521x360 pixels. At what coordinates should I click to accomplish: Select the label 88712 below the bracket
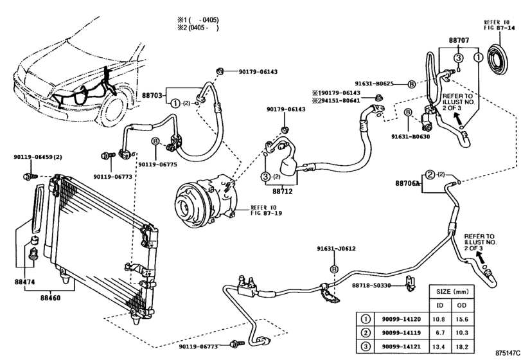282,190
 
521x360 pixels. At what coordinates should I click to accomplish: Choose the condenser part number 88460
52,298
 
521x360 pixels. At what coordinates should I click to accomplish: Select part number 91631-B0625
378,83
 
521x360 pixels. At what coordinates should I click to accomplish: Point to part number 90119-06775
157,164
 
